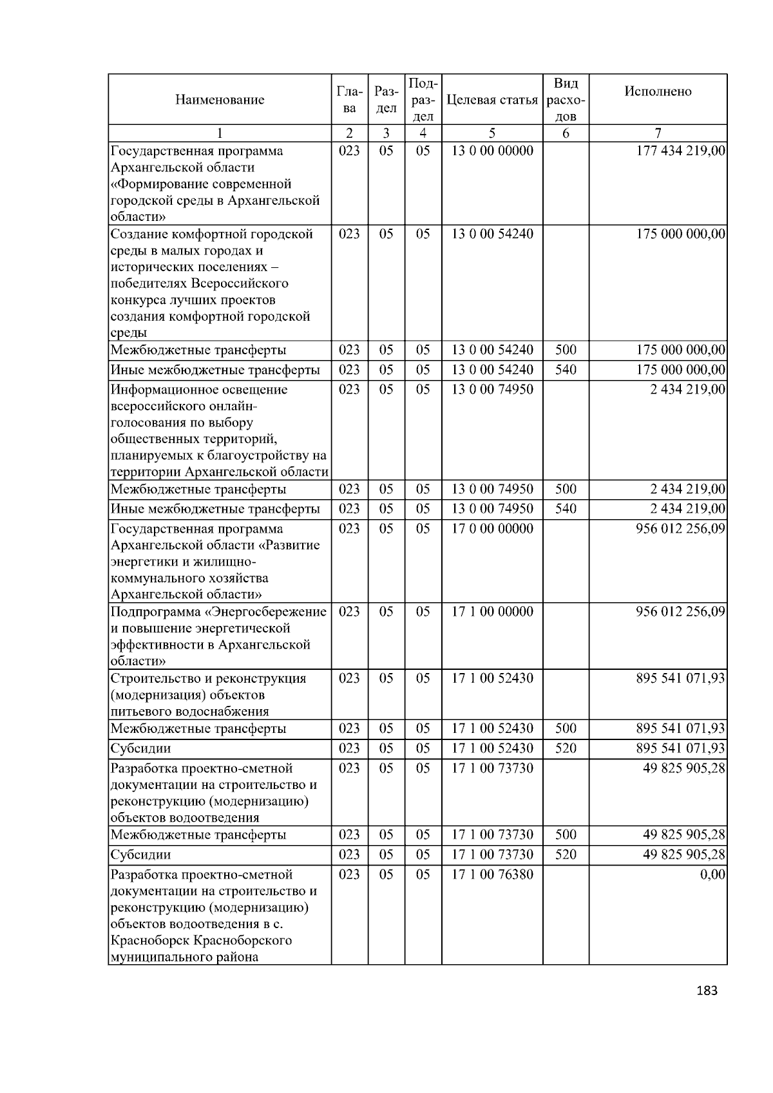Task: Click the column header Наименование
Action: click(x=219, y=100)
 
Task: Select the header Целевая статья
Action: click(x=491, y=100)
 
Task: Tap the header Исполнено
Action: click(x=658, y=91)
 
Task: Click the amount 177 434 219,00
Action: click(x=680, y=151)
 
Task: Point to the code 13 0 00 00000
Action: click(x=492, y=151)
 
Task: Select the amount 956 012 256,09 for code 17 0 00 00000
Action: click(x=680, y=529)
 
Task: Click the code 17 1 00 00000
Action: click(x=492, y=611)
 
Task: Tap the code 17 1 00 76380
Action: click(x=492, y=875)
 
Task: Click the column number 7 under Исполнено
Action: click(x=658, y=133)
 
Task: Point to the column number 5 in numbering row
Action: click(x=491, y=133)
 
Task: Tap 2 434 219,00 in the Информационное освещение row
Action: click(x=687, y=390)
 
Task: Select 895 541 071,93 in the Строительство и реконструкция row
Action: click(x=680, y=678)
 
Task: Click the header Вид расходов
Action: click(x=566, y=100)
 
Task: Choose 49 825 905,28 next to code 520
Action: click(x=684, y=855)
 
